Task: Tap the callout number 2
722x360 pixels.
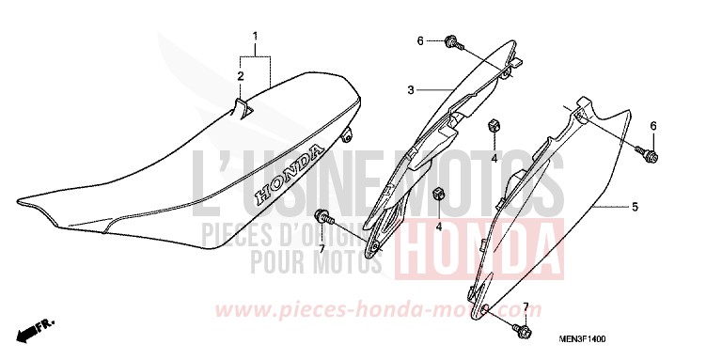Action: (x=241, y=76)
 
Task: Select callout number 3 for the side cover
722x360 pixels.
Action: (x=411, y=91)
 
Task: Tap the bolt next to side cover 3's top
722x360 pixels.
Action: (x=453, y=42)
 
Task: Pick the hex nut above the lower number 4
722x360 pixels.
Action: (x=438, y=194)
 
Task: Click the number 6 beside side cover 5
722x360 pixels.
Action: (x=653, y=126)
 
